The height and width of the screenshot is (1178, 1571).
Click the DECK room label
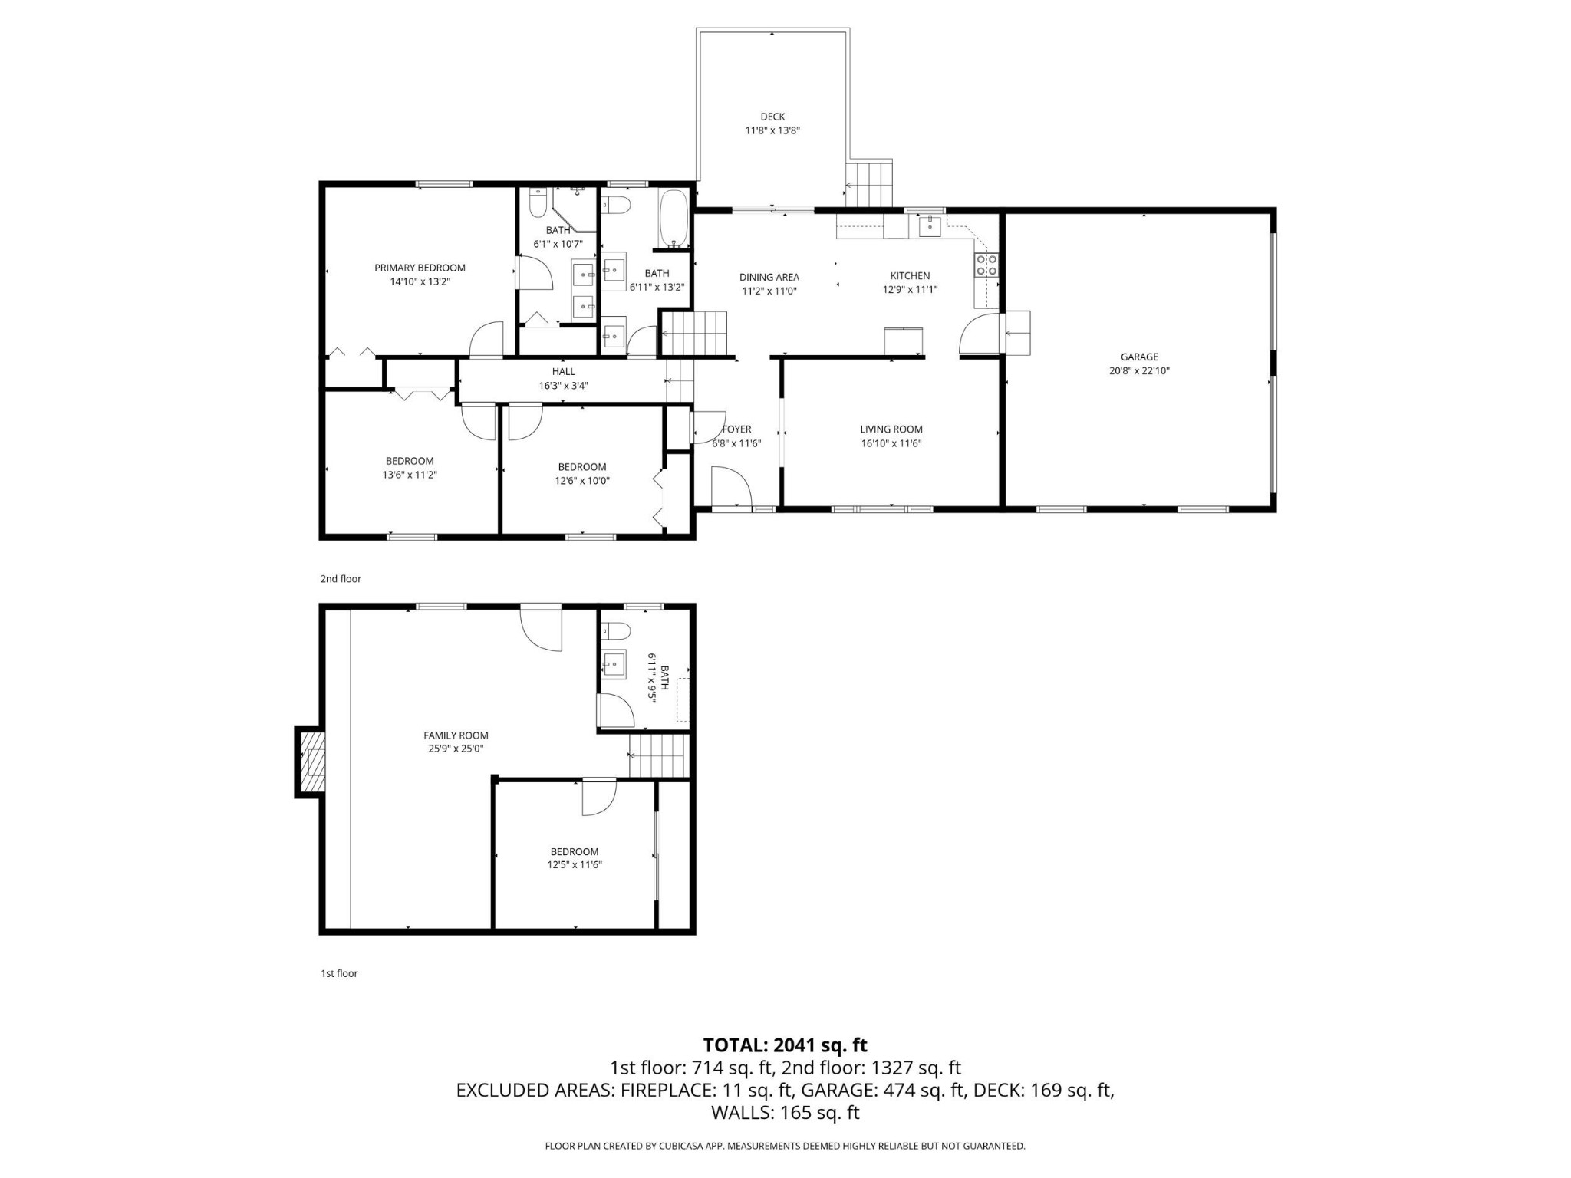coord(772,117)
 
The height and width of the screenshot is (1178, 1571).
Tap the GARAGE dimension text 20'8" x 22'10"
coord(1139,370)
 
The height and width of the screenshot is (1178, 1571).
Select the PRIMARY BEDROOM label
coord(420,268)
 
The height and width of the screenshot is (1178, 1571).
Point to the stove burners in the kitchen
coord(986,265)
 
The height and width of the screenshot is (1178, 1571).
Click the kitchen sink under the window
coord(930,225)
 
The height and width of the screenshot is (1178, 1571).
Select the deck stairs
coord(869,184)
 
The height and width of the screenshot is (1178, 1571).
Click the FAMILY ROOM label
coord(456,735)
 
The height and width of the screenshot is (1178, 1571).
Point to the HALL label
coord(563,372)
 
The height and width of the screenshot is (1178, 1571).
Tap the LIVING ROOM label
coord(891,429)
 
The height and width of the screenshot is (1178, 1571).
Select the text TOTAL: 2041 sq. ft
coord(785,1045)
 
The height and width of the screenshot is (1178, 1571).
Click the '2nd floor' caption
coord(341,579)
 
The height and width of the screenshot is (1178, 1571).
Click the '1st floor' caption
coord(339,973)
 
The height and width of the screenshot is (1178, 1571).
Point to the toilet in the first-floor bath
coord(615,631)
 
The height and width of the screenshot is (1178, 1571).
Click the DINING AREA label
coord(769,278)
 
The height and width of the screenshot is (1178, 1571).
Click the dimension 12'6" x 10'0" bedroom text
coord(583,481)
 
